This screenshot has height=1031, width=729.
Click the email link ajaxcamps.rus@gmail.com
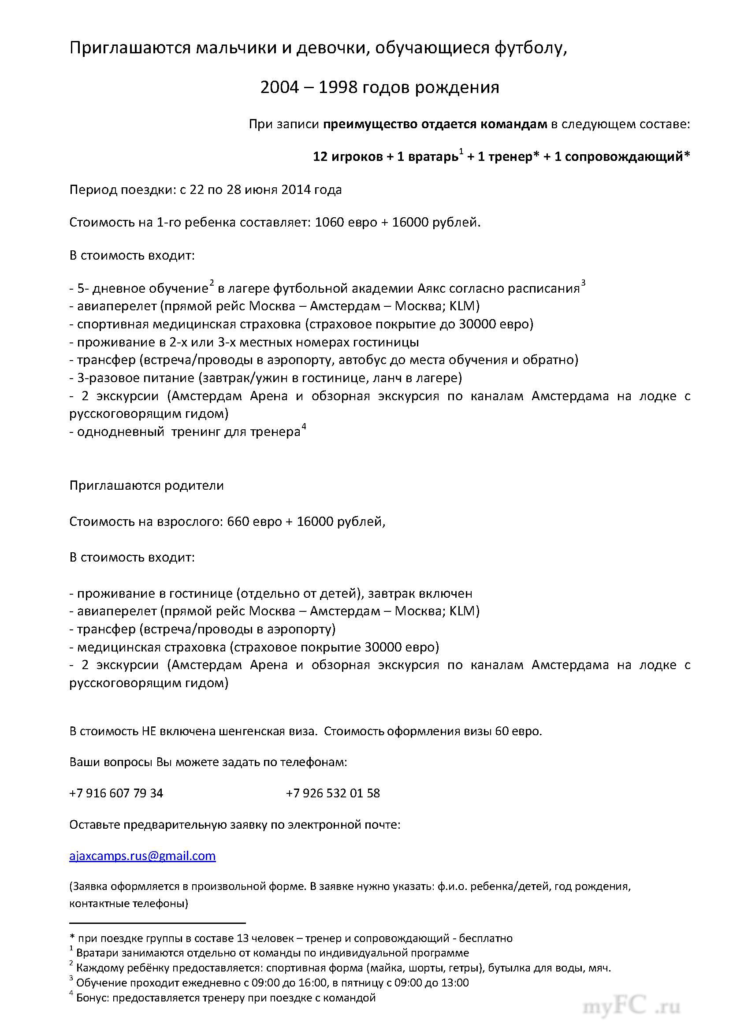click(x=142, y=856)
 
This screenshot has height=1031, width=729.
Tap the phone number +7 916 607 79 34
click(x=116, y=793)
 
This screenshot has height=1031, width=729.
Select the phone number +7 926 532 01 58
click(x=333, y=793)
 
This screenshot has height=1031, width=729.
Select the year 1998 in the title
click(x=338, y=87)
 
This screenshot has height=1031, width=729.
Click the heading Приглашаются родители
click(x=146, y=486)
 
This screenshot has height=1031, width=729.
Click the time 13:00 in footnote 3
click(x=454, y=983)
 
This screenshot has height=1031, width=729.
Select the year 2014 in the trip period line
click(x=296, y=190)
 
